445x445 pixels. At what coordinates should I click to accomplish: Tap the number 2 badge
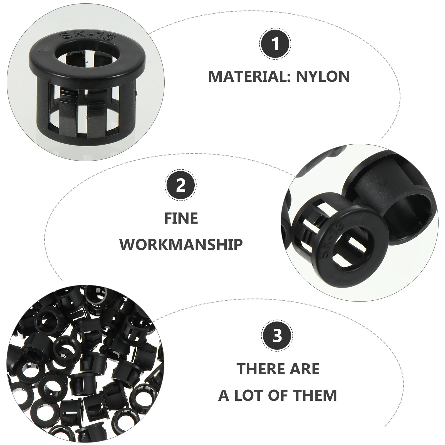[x=181, y=185]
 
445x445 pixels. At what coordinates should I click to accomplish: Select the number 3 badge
[x=277, y=336]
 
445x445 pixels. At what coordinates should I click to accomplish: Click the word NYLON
[x=323, y=76]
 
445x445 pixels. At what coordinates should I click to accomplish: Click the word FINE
[x=181, y=218]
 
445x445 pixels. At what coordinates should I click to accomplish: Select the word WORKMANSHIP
[x=181, y=244]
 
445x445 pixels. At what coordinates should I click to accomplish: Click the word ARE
[x=306, y=369]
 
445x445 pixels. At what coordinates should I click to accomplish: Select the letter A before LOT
[x=224, y=395]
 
